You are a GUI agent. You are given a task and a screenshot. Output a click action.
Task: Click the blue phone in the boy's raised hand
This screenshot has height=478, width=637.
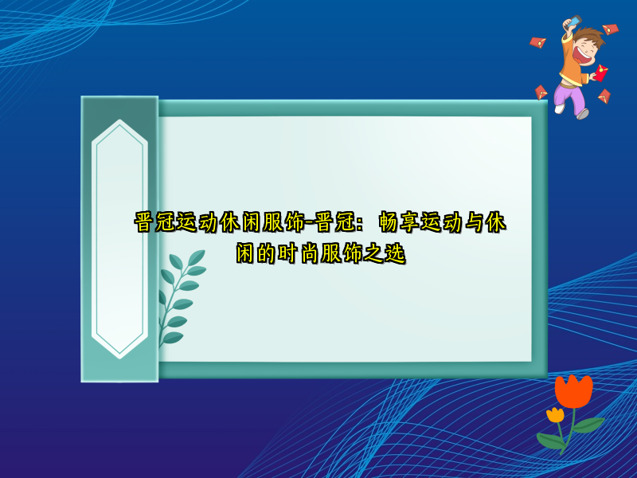pos(576,22)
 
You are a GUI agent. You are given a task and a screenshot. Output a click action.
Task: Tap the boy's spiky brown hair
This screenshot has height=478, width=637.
pos(592,35)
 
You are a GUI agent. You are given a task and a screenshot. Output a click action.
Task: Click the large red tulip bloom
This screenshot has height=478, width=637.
pos(574,392)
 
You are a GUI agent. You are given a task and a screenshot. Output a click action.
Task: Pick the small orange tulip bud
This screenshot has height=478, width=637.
pos(555,415)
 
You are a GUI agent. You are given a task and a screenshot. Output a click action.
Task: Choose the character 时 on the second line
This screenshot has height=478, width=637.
pos(289,255)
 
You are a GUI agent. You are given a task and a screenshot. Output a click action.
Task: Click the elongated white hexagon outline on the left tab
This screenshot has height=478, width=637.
pos(119,238)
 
